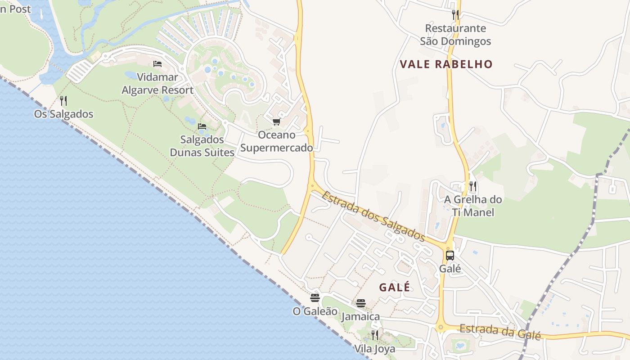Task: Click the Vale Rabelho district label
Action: (x=446, y=64)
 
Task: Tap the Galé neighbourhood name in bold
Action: (x=394, y=287)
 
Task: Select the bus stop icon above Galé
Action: (x=450, y=256)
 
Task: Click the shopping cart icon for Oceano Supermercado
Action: (x=276, y=121)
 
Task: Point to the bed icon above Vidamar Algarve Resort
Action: (x=157, y=63)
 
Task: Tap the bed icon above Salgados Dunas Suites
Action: (x=202, y=126)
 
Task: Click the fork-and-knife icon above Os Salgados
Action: (x=63, y=100)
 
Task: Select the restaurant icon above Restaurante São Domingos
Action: (x=455, y=15)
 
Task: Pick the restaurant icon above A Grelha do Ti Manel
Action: (x=472, y=186)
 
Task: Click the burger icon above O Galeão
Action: (x=315, y=297)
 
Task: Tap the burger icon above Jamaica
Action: (x=360, y=303)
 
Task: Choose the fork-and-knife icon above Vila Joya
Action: (x=374, y=335)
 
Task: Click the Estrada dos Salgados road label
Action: (x=373, y=216)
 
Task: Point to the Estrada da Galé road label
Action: (x=499, y=332)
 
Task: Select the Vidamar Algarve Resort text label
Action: (x=157, y=84)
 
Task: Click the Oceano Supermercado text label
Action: (x=276, y=141)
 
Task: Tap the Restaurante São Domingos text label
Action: (x=455, y=35)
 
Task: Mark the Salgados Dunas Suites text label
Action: (x=202, y=146)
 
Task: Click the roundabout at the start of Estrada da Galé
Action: (x=441, y=327)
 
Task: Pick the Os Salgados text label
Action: (x=63, y=114)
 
